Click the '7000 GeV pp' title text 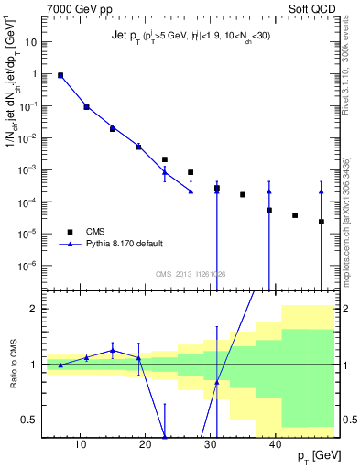tap(76, 10)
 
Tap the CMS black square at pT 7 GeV tap(60, 76)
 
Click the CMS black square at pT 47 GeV tap(322, 222)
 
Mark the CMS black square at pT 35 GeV tap(243, 194)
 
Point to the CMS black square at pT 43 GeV tap(295, 215)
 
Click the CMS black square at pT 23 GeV tap(165, 159)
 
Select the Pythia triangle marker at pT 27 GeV tap(191, 191)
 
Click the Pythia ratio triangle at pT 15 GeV tap(113, 350)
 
